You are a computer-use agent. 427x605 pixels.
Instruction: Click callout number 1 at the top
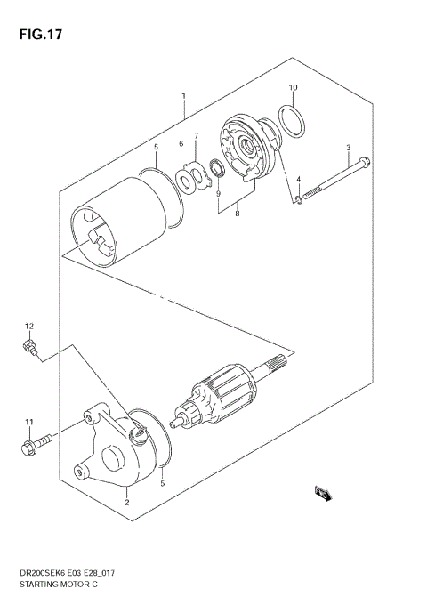[x=183, y=96]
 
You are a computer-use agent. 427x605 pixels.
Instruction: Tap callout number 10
[x=293, y=87]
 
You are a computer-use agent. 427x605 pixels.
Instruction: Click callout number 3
[x=349, y=148]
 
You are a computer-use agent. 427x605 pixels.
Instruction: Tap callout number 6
[x=181, y=144]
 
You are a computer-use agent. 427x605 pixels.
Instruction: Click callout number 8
[x=238, y=214]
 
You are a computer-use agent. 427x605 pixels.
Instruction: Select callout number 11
[x=28, y=422]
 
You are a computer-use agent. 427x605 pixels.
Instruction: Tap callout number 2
[x=127, y=503]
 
